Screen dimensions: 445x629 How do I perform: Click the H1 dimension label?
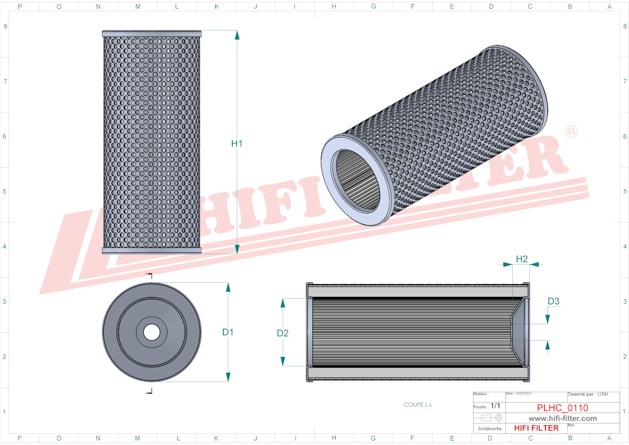pyautogui.click(x=237, y=144)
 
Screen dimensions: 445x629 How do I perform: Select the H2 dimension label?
pyautogui.click(x=522, y=259)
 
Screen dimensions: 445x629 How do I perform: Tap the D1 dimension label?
pyautogui.click(x=228, y=332)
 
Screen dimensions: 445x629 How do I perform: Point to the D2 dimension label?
pyautogui.click(x=283, y=333)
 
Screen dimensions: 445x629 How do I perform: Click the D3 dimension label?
pyautogui.click(x=554, y=302)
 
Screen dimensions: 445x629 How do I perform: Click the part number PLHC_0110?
pyautogui.click(x=563, y=408)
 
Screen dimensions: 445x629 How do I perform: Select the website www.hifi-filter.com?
pyautogui.click(x=563, y=418)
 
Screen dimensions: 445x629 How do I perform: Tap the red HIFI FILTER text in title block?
pyautogui.click(x=536, y=428)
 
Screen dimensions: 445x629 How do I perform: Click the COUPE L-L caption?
pyautogui.click(x=418, y=405)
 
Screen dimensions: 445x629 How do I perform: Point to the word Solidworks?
pyautogui.click(x=489, y=428)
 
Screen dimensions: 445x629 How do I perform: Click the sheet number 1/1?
pyautogui.click(x=495, y=406)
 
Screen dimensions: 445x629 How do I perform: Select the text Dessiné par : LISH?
pyautogui.click(x=588, y=394)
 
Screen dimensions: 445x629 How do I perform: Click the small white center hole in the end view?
pyautogui.click(x=151, y=332)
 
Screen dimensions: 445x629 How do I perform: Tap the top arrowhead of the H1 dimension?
pyautogui.click(x=237, y=35)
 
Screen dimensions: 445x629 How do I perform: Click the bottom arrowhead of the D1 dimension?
pyautogui.click(x=228, y=377)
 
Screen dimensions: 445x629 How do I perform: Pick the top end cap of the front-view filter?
pyautogui.click(x=151, y=34)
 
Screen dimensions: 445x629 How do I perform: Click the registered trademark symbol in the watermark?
pyautogui.click(x=571, y=132)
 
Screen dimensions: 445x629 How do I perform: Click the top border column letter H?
pyautogui.click(x=334, y=6)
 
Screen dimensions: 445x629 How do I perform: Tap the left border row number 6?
pyautogui.click(x=4, y=136)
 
